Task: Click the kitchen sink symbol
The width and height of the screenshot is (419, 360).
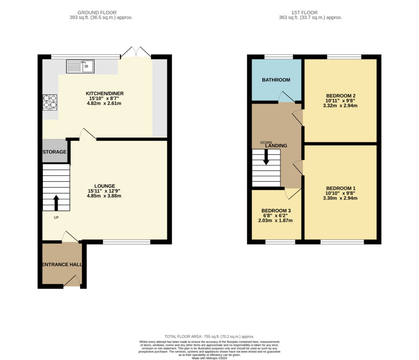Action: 80,66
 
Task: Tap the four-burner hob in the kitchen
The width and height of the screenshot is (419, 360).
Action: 50,102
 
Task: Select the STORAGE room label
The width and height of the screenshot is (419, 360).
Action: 54,152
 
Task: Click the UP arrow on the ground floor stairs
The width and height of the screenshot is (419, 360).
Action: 56,203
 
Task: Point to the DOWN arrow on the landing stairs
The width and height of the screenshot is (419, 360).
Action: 266,157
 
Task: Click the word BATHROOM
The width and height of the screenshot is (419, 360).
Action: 276,80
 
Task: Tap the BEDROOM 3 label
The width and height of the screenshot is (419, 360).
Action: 276,211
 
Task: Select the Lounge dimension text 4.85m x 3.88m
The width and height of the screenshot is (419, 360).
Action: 104,196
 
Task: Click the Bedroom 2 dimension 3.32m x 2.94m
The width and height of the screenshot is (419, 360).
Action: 340,106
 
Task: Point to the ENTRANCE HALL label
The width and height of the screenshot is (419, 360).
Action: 62,265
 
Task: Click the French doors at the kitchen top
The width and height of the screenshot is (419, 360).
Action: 136,52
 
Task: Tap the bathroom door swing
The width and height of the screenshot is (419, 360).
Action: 286,97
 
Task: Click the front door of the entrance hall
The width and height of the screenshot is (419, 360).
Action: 72,281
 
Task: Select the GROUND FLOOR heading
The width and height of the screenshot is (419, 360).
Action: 97,13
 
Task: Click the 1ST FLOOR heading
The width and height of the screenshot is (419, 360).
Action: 304,13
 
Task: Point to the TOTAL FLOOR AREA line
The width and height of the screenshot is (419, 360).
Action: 209,337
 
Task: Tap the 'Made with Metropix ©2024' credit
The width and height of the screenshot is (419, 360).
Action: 209,358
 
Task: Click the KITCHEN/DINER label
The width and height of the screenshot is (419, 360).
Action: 104,94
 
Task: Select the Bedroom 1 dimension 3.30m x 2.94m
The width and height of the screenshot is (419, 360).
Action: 340,198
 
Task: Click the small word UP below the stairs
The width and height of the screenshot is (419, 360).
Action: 56,218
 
